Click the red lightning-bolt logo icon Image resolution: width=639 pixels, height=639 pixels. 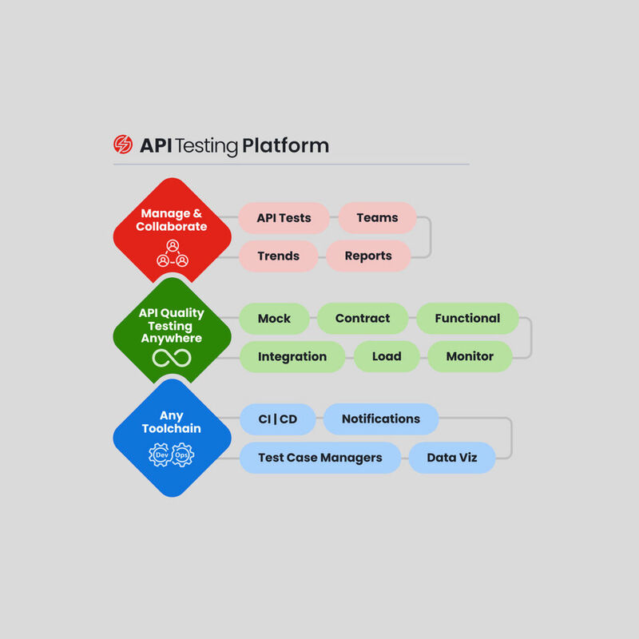(x=123, y=145)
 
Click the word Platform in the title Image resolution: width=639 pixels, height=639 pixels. (x=285, y=146)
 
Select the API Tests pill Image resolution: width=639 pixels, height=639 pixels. (x=284, y=217)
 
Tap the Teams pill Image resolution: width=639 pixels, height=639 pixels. (x=377, y=217)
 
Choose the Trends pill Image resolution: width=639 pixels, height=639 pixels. (x=278, y=256)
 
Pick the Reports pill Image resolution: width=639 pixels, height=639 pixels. (x=368, y=256)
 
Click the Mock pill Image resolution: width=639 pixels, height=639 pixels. (x=274, y=318)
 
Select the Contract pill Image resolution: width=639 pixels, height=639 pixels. (x=363, y=318)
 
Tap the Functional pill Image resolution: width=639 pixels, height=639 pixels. (x=467, y=318)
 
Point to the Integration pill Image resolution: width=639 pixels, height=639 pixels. (x=292, y=356)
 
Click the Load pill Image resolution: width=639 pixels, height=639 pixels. (x=387, y=356)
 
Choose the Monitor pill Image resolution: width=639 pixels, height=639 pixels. (x=470, y=356)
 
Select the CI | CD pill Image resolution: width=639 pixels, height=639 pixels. (x=279, y=419)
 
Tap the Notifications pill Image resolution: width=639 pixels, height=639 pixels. (x=381, y=419)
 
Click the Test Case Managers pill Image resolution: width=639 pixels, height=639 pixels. (x=319, y=458)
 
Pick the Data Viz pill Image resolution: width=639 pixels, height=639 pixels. (x=452, y=458)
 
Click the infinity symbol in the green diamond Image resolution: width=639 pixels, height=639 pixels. (x=172, y=359)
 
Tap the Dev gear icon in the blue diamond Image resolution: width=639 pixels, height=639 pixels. (x=161, y=455)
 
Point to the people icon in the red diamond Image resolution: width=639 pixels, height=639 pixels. (x=173, y=253)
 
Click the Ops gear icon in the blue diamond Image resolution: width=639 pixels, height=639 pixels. (x=184, y=455)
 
